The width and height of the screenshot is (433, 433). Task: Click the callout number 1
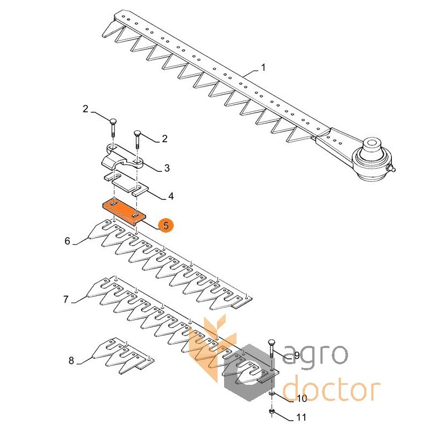(263, 67)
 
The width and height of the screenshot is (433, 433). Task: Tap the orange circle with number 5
(166, 226)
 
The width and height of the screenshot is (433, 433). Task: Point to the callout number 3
(167, 168)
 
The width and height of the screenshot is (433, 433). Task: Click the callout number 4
(171, 196)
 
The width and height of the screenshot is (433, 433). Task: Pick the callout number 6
(67, 241)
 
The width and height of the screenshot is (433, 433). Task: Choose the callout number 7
(65, 299)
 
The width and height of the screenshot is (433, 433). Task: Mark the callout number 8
(71, 360)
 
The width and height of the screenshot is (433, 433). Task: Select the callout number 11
(301, 417)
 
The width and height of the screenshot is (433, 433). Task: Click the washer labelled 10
(272, 393)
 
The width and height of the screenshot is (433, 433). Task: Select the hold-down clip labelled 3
(123, 158)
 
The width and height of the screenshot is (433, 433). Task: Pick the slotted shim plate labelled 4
(126, 184)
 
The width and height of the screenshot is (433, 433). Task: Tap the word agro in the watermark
(316, 356)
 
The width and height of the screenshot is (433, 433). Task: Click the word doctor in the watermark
(332, 389)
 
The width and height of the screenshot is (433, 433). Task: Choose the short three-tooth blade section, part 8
(123, 356)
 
